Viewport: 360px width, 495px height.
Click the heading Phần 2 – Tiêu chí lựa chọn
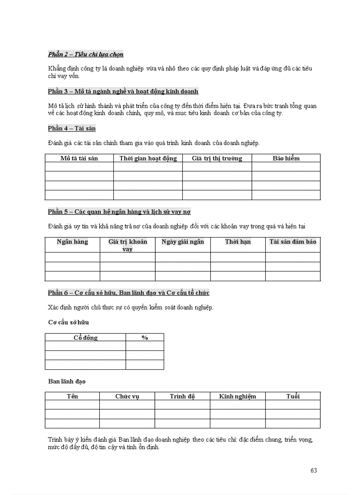[86, 54]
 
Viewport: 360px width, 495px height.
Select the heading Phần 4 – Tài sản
[72, 128]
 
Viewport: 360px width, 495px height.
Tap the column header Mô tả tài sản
[79, 158]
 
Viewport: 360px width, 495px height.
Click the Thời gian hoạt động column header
[148, 158]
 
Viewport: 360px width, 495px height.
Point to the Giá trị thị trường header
[217, 158]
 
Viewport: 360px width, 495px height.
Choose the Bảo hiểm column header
[286, 158]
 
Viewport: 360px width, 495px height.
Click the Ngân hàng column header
[72, 242]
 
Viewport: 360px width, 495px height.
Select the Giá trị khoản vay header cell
[127, 245]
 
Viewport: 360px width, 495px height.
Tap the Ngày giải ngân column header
[183, 242]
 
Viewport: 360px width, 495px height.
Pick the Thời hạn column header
[238, 242]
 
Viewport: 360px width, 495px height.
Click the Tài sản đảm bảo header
[293, 242]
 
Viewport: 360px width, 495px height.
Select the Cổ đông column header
[85, 338]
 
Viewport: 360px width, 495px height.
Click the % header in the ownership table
[145, 338]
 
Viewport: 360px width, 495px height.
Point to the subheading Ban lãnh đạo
[67, 381]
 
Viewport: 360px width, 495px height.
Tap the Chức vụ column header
[127, 396]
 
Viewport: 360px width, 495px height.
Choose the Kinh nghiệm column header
[237, 396]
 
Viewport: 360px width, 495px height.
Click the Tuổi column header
[293, 396]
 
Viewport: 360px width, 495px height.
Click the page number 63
[314, 470]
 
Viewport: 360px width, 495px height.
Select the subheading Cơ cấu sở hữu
[68, 322]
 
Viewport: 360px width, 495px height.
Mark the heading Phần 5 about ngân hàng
[119, 212]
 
